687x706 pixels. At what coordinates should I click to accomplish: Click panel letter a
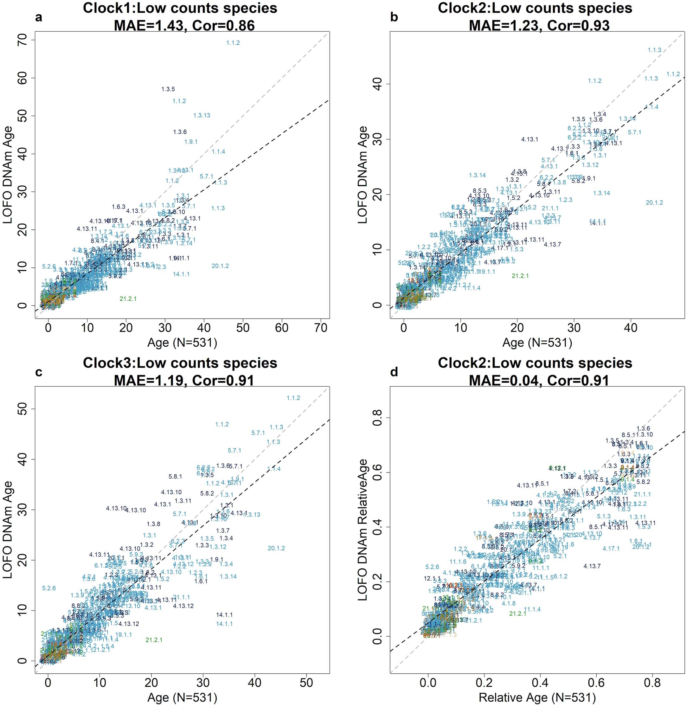pyautogui.click(x=39, y=17)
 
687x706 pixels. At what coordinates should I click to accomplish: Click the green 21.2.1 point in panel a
pyautogui.click(x=128, y=299)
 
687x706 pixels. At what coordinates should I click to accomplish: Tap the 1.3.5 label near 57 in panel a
pyautogui.click(x=168, y=89)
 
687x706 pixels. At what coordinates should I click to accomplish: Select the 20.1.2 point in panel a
pyautogui.click(x=220, y=266)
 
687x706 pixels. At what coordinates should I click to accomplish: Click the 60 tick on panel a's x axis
pyautogui.click(x=282, y=328)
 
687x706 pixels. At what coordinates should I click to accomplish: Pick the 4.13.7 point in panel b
pyautogui.click(x=552, y=245)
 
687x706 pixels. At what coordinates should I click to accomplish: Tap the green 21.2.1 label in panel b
pyautogui.click(x=520, y=276)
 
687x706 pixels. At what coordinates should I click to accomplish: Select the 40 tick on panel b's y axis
pyautogui.click(x=377, y=84)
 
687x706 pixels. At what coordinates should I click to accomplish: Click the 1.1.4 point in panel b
pyautogui.click(x=651, y=107)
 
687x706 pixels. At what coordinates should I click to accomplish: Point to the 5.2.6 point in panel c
pyautogui.click(x=49, y=588)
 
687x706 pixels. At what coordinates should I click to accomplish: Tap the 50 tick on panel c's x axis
pyautogui.click(x=306, y=683)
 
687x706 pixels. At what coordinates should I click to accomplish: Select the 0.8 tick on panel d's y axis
pyautogui.click(x=377, y=418)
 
